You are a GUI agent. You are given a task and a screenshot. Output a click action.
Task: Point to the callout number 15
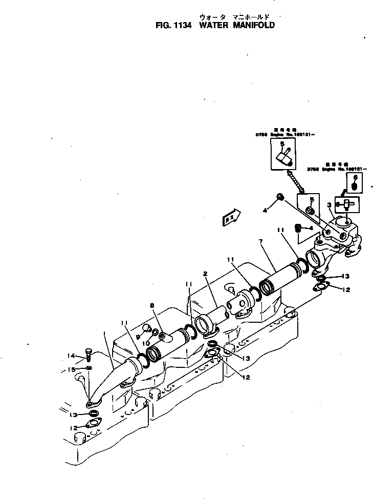point(72,369)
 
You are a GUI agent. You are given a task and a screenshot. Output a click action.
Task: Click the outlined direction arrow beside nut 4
point(231,217)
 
